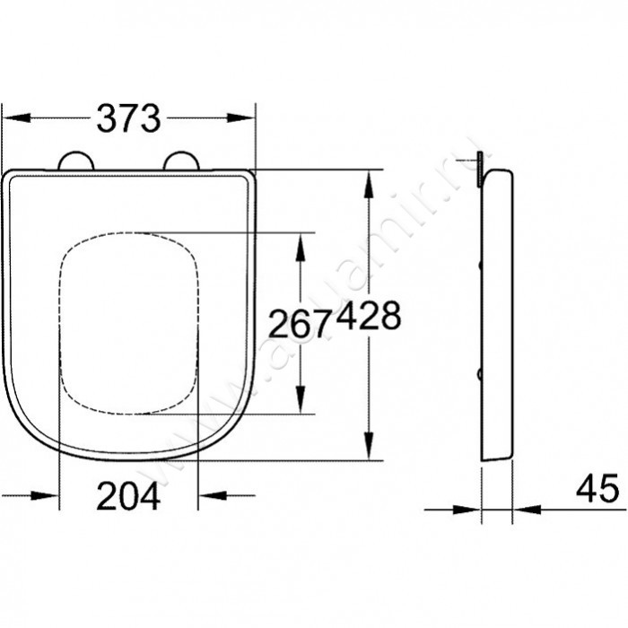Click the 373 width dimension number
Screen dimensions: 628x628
[x=128, y=118]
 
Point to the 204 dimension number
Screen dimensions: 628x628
[x=128, y=495]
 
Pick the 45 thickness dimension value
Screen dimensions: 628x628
[x=597, y=489]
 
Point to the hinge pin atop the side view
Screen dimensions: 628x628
[x=482, y=167]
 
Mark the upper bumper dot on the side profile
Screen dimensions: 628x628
[x=484, y=265]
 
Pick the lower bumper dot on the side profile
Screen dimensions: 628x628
[x=484, y=372]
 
